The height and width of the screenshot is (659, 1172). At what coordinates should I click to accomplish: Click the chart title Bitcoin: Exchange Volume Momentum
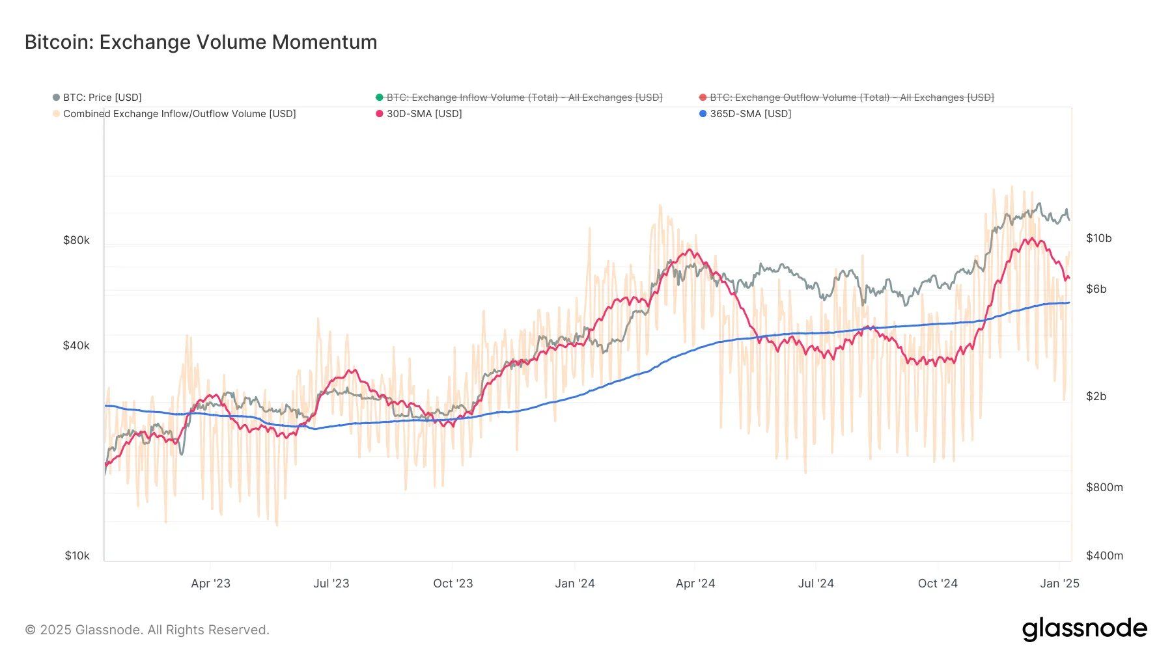click(x=201, y=42)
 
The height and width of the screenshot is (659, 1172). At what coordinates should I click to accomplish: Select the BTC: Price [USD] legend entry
click(x=102, y=98)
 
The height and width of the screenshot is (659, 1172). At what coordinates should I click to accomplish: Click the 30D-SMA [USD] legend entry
click(x=424, y=114)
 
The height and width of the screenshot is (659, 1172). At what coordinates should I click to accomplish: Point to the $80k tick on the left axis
click(x=76, y=240)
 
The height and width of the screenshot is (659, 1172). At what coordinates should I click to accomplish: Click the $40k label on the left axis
click(x=76, y=345)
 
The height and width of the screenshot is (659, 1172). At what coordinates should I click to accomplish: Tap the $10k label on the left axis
click(x=77, y=556)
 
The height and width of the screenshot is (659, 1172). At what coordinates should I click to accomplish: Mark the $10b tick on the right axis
click(x=1098, y=238)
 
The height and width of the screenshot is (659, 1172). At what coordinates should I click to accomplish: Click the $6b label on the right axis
click(x=1096, y=289)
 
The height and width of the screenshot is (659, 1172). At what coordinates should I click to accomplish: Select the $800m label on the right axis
click(x=1104, y=487)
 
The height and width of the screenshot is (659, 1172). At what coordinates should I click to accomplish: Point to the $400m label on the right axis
click(x=1104, y=556)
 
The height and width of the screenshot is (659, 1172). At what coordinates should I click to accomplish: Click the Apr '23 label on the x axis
click(x=210, y=584)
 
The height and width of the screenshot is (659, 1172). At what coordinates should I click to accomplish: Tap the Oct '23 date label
click(x=453, y=584)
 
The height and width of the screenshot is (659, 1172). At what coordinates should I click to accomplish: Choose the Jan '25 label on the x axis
click(x=1059, y=584)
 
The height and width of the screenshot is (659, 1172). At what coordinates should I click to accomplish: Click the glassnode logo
click(x=1084, y=629)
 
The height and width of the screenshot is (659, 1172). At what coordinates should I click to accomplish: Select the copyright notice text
click(x=147, y=630)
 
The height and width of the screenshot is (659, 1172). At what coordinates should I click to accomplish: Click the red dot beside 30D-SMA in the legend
click(x=380, y=114)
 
